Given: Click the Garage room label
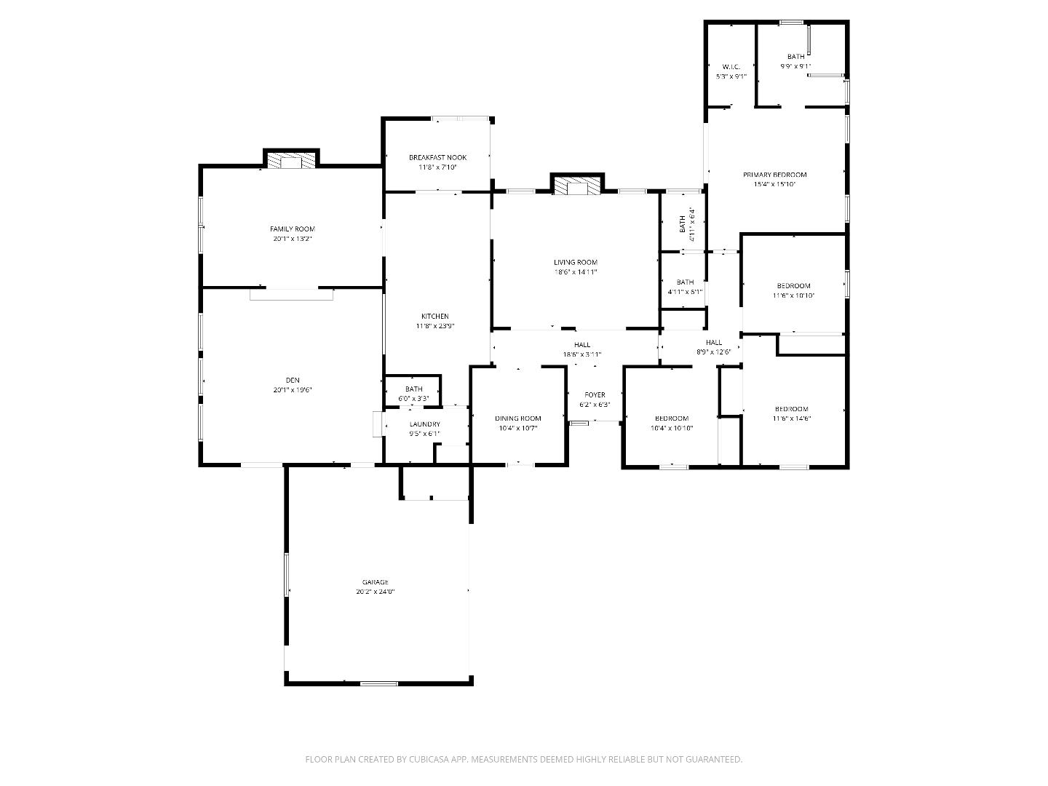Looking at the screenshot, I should pyautogui.click(x=376, y=582).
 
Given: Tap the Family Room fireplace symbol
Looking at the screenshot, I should pyautogui.click(x=291, y=161).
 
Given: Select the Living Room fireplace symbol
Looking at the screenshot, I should pyautogui.click(x=577, y=186).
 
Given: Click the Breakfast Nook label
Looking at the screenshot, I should pyautogui.click(x=437, y=157).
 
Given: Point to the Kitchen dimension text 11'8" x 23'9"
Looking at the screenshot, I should pyautogui.click(x=435, y=326).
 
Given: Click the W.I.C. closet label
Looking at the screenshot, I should pyautogui.click(x=731, y=67).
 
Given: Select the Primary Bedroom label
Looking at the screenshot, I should pyautogui.click(x=774, y=175).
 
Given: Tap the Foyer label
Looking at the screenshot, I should pyautogui.click(x=595, y=395).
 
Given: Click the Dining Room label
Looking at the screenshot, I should pyautogui.click(x=518, y=418).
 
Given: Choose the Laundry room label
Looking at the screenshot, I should pyautogui.click(x=424, y=424).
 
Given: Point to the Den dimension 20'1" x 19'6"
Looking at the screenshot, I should pyautogui.click(x=292, y=390).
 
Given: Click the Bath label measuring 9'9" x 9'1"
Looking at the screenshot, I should pyautogui.click(x=795, y=57).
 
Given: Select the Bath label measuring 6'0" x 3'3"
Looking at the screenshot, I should pyautogui.click(x=413, y=389).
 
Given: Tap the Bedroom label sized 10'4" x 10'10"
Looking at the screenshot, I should pyautogui.click(x=671, y=418).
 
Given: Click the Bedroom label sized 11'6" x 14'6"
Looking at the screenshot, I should pyautogui.click(x=791, y=409).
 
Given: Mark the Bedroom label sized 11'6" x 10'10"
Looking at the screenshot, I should pyautogui.click(x=793, y=286).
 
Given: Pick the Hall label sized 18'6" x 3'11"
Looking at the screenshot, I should pyautogui.click(x=581, y=345).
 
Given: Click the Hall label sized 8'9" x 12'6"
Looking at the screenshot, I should pyautogui.click(x=713, y=342).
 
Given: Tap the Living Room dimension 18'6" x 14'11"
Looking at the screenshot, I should pyautogui.click(x=575, y=272).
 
